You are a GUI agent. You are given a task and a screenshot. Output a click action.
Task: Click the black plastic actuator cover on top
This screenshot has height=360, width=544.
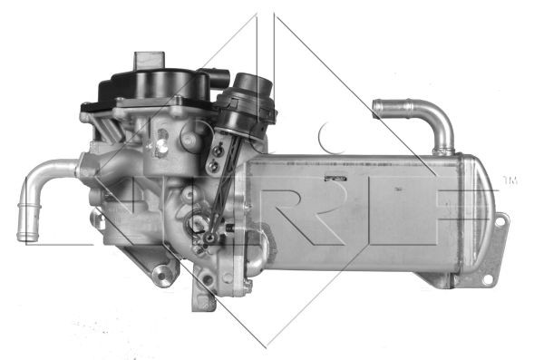coord(154,89)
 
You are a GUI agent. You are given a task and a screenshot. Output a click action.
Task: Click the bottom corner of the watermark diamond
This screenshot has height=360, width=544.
coord(265,345)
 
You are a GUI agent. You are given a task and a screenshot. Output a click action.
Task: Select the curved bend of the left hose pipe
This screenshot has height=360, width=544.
coord(29,181)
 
